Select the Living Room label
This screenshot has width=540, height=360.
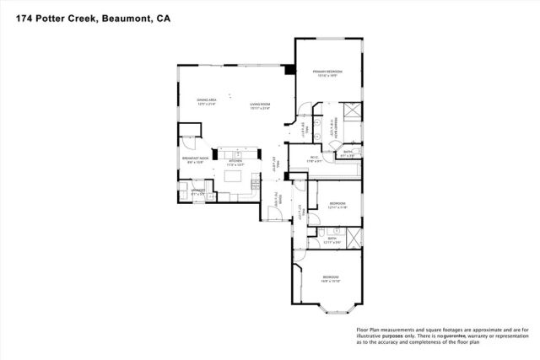click(259, 104)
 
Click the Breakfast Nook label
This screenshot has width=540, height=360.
click(196, 159)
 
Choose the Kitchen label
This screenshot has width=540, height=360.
click(235, 161)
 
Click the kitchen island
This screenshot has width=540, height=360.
click(236, 178)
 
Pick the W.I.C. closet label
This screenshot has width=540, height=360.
click(312, 157)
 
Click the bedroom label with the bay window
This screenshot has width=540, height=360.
click(330, 278)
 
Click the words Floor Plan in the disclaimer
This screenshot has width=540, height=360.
click(371, 330)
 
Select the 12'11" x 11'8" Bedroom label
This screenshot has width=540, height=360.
click(337, 205)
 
